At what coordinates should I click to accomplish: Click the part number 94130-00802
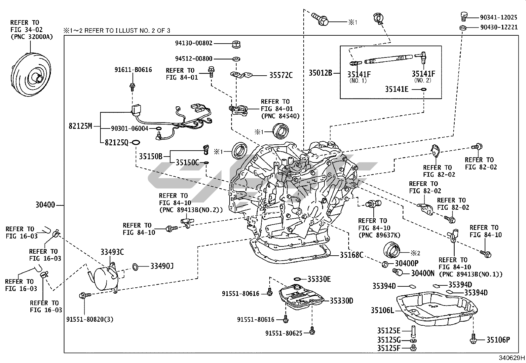pyautogui.click(x=194, y=43)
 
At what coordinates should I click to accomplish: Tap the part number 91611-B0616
pyautogui.click(x=133, y=70)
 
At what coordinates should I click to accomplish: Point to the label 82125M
pyautogui.click(x=80, y=126)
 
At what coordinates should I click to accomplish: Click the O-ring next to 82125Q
pyautogui.click(x=136, y=142)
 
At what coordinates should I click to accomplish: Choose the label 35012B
pyautogui.click(x=320, y=73)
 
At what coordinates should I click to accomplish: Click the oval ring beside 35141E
pyautogui.click(x=424, y=89)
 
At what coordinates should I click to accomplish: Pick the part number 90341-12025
pyautogui.click(x=499, y=17)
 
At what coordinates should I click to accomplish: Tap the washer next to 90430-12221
pyautogui.click(x=463, y=27)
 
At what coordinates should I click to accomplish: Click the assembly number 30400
pyautogui.click(x=45, y=205)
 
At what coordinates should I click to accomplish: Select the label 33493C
pyautogui.click(x=112, y=252)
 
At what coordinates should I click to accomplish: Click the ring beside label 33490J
pyautogui.click(x=135, y=266)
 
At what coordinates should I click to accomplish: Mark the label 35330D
pyautogui.click(x=342, y=301)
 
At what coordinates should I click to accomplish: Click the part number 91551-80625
pyautogui.click(x=283, y=333)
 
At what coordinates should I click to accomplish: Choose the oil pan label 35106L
pyautogui.click(x=382, y=310)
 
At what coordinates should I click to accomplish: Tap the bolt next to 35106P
pyautogui.click(x=473, y=339)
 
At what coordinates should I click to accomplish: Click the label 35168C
pyautogui.click(x=352, y=255)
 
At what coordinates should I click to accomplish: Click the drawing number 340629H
pyautogui.click(x=511, y=358)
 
